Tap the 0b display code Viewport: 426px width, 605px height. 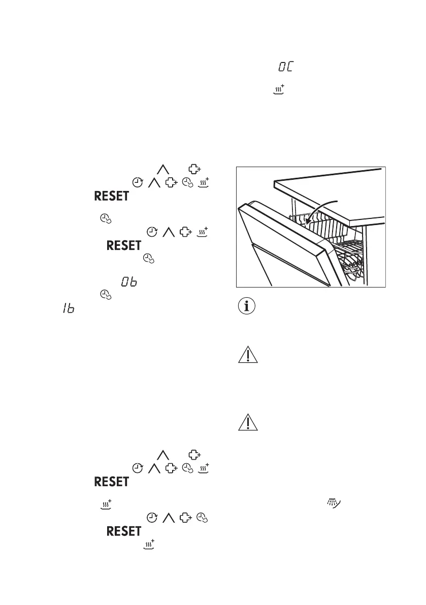click(128, 282)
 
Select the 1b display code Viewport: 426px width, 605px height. click(63, 309)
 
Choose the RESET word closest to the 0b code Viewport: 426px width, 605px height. click(123, 245)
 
